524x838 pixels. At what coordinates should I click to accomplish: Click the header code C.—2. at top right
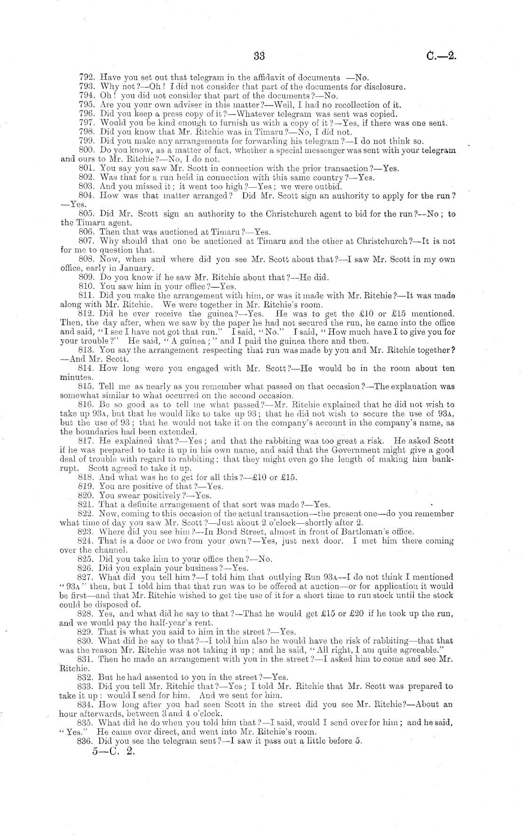pos(442,56)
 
